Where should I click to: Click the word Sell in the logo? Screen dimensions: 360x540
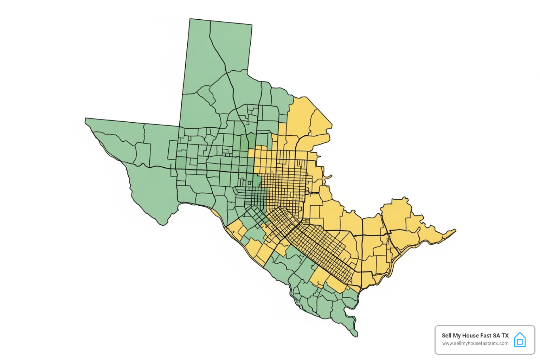(446, 335)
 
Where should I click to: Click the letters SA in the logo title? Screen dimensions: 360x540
(496, 335)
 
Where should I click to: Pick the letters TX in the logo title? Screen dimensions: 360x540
(505, 335)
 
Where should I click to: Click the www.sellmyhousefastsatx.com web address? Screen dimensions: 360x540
(475, 343)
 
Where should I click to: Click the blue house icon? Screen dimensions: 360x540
(520, 340)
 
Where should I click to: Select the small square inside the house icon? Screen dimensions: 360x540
(520, 342)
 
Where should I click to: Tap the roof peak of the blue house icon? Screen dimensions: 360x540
(520, 333)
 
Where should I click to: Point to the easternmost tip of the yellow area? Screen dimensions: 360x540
(456, 230)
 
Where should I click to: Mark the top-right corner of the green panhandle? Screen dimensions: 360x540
(252, 25)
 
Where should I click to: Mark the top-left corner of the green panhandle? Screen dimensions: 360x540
(190, 19)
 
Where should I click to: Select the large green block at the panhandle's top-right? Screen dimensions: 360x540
(231, 46)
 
